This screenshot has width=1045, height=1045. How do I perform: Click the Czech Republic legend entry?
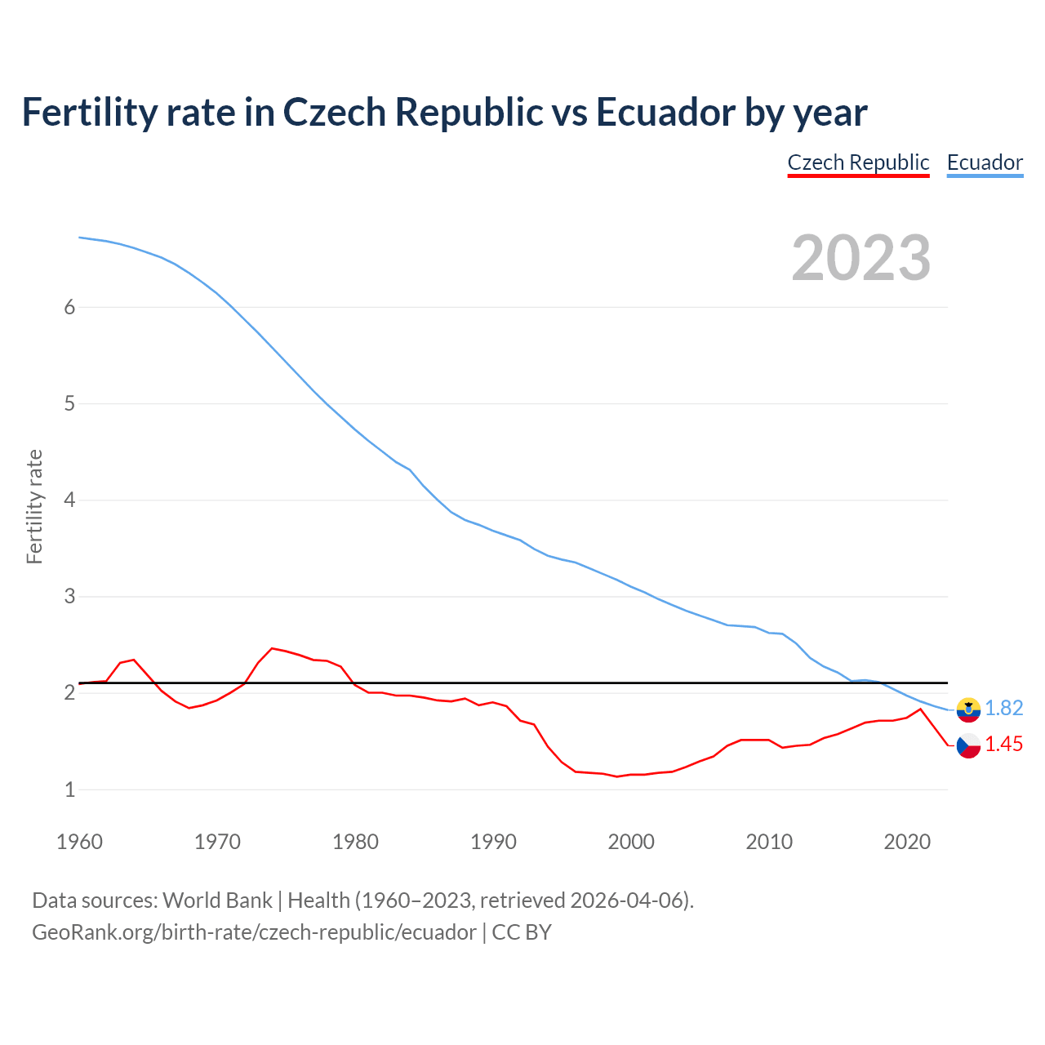click(x=858, y=162)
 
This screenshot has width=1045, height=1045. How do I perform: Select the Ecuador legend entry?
click(x=985, y=162)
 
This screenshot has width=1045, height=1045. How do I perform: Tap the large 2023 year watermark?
click(x=860, y=258)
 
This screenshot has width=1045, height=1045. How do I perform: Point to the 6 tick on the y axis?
click(x=69, y=307)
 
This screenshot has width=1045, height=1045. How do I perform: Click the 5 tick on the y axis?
click(x=69, y=403)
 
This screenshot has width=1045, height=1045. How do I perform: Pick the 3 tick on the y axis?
click(x=69, y=596)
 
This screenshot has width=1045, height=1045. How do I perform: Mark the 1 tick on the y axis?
click(x=69, y=789)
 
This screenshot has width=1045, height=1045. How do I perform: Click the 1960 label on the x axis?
click(x=79, y=842)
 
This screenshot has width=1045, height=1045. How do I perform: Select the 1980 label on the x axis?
click(x=355, y=842)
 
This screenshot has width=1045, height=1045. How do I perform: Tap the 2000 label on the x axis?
click(x=631, y=842)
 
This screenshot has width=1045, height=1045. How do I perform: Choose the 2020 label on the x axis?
click(x=907, y=842)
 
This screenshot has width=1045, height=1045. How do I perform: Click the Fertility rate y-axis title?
click(x=34, y=506)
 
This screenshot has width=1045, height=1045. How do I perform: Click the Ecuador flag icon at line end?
click(x=968, y=709)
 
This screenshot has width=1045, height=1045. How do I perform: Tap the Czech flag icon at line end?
click(x=968, y=745)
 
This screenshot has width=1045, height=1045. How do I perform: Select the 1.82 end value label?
click(x=1003, y=709)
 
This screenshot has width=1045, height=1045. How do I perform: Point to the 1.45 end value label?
click(x=1003, y=745)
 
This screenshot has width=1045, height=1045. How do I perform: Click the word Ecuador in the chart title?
click(x=664, y=112)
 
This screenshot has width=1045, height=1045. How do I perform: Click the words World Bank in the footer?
click(x=217, y=900)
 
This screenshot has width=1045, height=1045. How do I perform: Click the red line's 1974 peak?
click(x=272, y=648)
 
